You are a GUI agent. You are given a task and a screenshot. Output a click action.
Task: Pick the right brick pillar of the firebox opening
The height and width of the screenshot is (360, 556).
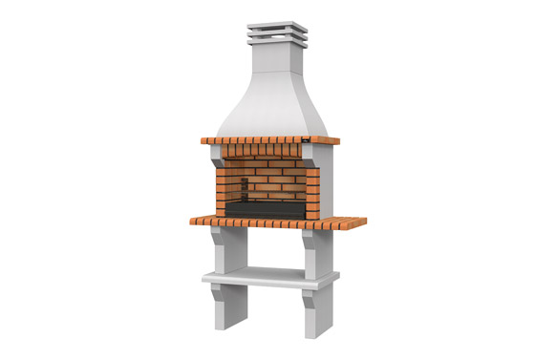312,187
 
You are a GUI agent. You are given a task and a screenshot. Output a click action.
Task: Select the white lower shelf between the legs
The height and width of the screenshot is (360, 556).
270,278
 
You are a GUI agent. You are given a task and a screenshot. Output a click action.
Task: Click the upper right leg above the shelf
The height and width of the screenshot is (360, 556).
319,252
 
